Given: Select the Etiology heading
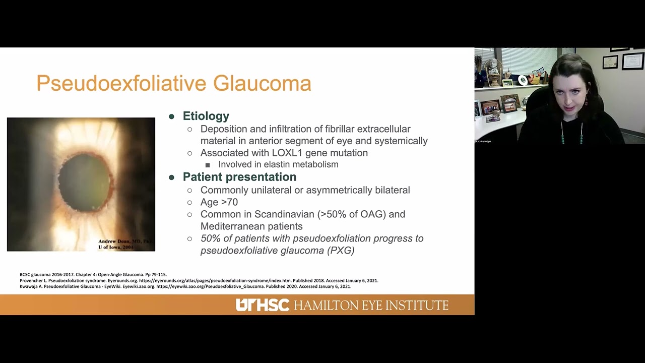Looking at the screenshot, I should point(206,116).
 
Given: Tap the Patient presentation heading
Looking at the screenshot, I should point(239,177).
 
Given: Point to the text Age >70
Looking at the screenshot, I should point(219,202).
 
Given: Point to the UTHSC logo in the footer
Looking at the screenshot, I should point(263,305).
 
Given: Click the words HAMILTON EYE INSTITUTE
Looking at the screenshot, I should point(371,306).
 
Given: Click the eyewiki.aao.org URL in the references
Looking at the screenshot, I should point(210,286).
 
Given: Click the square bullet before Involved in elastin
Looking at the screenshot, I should point(208,165).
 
